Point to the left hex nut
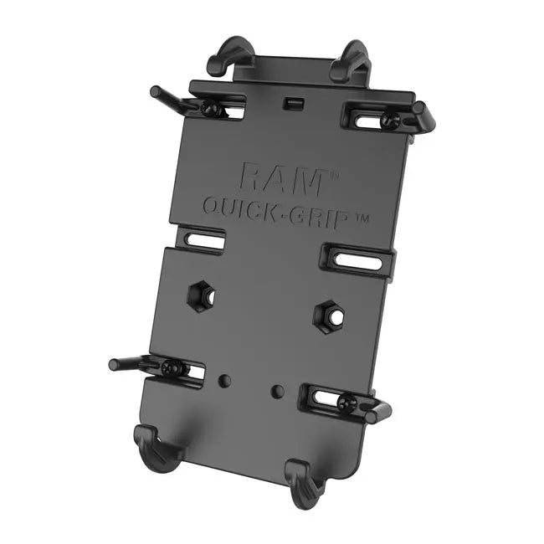[201, 295]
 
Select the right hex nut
[327, 316]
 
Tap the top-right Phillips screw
[388, 120]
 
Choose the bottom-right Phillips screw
[350, 402]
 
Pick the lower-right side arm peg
[378, 410]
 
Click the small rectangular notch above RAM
[292, 103]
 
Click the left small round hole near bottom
[224, 380]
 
